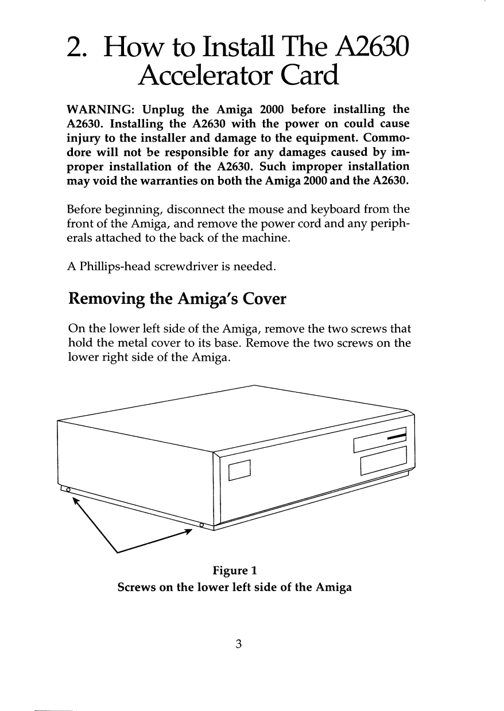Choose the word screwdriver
coord(183,267)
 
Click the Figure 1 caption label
coord(235,571)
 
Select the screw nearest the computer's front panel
coord(202,525)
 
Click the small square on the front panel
coord(241,470)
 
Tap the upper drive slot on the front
coord(381,440)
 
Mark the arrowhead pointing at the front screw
coord(187,532)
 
